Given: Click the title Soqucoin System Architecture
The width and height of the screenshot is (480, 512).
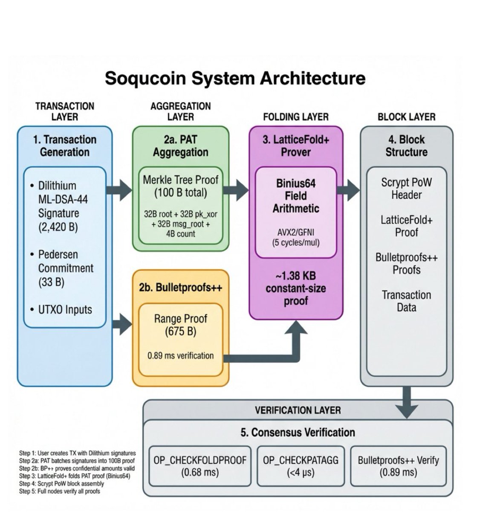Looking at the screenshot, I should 235,79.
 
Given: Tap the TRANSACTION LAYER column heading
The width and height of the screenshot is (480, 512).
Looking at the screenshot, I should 65,111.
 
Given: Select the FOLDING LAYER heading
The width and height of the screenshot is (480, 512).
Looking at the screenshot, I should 296,116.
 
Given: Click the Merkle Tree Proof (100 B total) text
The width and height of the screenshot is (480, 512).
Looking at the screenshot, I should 180,186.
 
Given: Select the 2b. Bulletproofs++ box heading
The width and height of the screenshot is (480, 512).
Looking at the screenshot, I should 180,288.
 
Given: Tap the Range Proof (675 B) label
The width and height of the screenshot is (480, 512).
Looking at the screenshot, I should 180,325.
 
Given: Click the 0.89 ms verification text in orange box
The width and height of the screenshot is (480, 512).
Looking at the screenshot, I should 180,355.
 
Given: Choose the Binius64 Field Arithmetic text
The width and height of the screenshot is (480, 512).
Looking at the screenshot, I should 296,196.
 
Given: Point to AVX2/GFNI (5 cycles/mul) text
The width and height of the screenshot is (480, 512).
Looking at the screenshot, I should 296,238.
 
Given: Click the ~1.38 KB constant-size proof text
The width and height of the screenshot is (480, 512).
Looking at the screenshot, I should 296,288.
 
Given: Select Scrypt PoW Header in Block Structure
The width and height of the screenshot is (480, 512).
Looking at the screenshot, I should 406,189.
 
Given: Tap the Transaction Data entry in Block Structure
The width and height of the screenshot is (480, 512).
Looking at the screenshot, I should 406,301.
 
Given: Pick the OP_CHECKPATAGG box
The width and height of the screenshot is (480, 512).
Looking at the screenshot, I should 300,466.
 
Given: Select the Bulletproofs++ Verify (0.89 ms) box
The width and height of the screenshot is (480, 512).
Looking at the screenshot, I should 398,466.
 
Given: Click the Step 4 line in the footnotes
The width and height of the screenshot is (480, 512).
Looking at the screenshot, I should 61,483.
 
